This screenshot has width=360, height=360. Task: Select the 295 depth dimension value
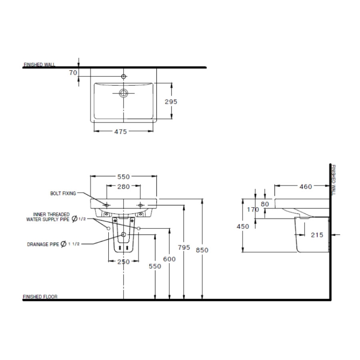point(171,102)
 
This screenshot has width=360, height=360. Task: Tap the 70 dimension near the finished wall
point(72,73)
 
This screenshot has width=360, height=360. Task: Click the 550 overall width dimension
point(124,176)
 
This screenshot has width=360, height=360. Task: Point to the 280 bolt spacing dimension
point(124,186)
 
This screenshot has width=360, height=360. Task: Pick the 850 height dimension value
point(202,250)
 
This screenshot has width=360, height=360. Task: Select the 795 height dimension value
point(184,248)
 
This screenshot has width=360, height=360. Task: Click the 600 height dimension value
point(170,259)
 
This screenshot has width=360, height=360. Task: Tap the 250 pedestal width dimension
point(124,262)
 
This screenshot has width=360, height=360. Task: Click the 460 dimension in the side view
point(305,186)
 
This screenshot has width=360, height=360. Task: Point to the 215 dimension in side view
point(317,235)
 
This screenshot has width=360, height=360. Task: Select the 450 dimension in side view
point(242,226)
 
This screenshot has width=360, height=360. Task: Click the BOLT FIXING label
point(63,193)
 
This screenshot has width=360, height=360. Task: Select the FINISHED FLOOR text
point(40,297)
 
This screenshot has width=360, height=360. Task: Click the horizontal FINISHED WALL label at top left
point(39,64)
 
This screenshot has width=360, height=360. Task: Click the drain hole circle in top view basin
point(124,93)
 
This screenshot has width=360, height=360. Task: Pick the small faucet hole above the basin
point(124,76)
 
